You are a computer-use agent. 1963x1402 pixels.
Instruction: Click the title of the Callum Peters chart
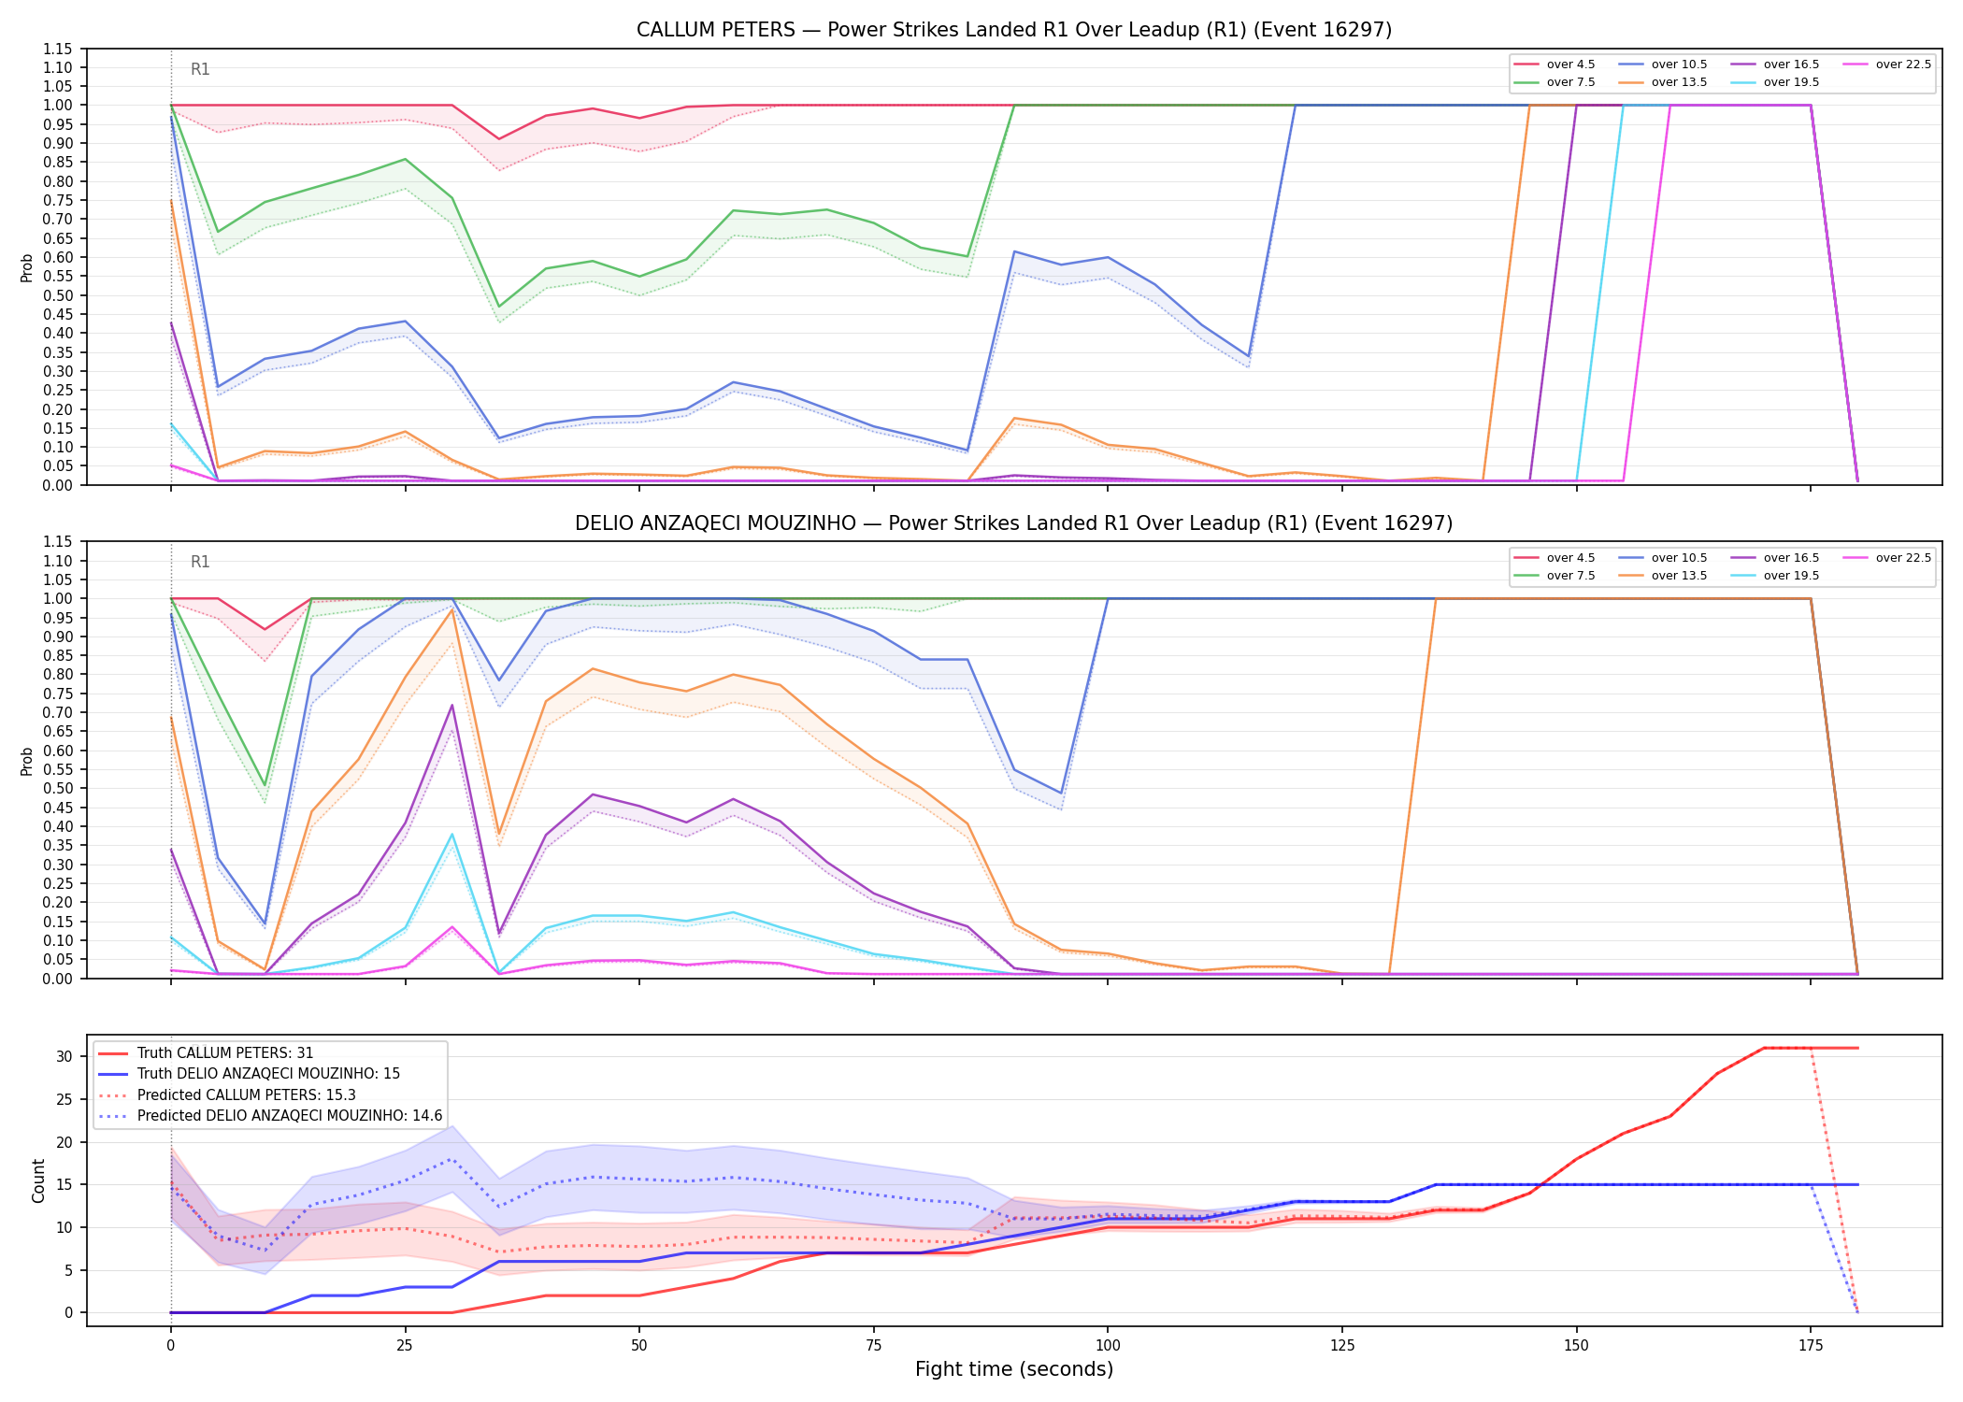[x=1014, y=30]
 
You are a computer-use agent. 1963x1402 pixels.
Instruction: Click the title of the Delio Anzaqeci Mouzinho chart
[x=1014, y=523]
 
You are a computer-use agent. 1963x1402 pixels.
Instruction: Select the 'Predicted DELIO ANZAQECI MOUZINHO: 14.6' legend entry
[x=270, y=1115]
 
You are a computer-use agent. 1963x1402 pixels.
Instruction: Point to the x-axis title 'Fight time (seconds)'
[x=1014, y=1369]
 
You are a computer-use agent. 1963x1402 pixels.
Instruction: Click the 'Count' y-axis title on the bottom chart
[x=38, y=1180]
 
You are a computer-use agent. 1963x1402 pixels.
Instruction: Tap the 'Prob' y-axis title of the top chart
[x=27, y=267]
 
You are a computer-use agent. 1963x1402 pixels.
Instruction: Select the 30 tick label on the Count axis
[x=64, y=1057]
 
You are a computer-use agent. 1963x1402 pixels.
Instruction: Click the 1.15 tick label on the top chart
[x=57, y=49]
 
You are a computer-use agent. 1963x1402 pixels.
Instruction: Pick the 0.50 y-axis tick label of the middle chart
[x=57, y=788]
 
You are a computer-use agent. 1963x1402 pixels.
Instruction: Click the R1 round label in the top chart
[x=200, y=69]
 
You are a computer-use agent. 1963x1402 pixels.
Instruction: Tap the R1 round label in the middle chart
[x=200, y=562]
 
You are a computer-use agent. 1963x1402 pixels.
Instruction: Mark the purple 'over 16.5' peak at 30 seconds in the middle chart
[x=452, y=705]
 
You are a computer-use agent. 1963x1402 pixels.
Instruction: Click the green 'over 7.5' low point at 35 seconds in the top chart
[x=499, y=307]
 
